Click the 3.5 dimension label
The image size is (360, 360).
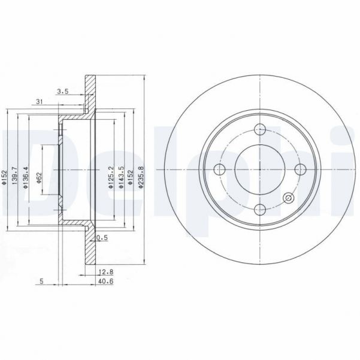[x=62, y=92]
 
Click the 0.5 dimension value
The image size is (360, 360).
[x=102, y=237]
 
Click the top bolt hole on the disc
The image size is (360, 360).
[x=260, y=130]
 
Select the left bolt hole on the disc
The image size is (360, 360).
[x=220, y=170]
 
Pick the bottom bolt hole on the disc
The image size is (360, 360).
[x=260, y=209]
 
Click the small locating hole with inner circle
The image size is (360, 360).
[x=288, y=198]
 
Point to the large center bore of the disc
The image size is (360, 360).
[x=260, y=170]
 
